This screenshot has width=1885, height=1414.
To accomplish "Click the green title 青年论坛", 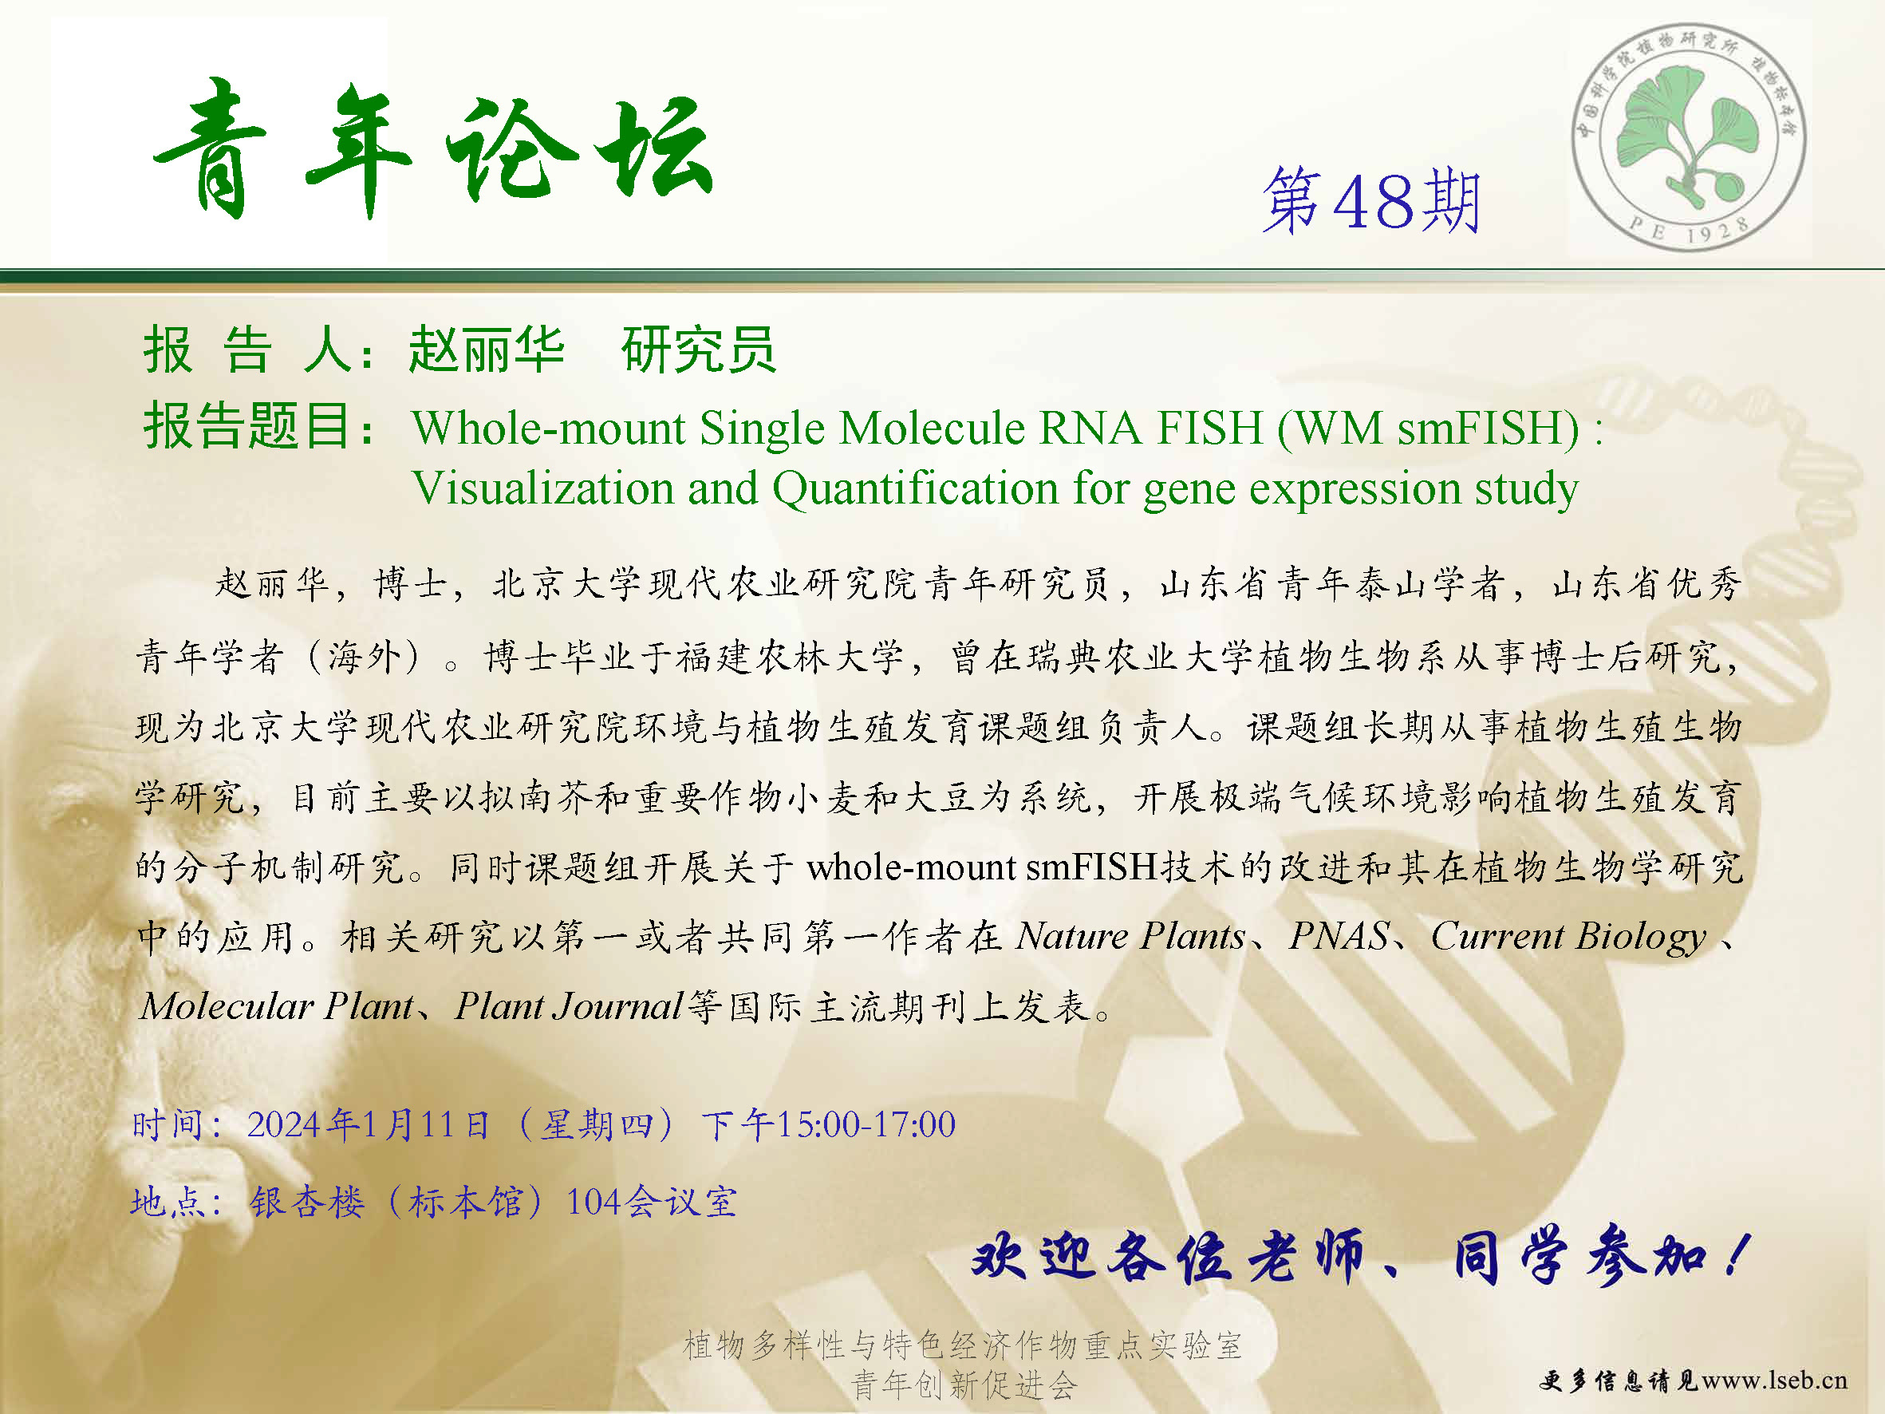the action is point(433,149).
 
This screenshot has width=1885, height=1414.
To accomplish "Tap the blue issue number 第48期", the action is point(1371,201).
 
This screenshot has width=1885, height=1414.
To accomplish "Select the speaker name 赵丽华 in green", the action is point(487,350).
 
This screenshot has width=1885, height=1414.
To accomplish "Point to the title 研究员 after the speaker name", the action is point(699,350).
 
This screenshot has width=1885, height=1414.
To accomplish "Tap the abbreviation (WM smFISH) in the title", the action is point(1428,428).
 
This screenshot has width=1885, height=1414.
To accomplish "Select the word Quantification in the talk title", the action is point(915,489).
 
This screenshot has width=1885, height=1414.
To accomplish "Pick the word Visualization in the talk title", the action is point(542,488).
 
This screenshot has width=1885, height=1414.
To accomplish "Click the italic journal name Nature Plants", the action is point(1131,936).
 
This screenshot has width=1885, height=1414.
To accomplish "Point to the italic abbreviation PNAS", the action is point(1339,936).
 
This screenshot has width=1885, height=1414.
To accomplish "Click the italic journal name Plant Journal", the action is point(569,1006).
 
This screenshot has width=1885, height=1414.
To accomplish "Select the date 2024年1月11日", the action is point(368,1125).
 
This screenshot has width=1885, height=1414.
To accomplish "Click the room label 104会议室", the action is point(651,1202).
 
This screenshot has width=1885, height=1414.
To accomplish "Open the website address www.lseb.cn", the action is point(1775,1380).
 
